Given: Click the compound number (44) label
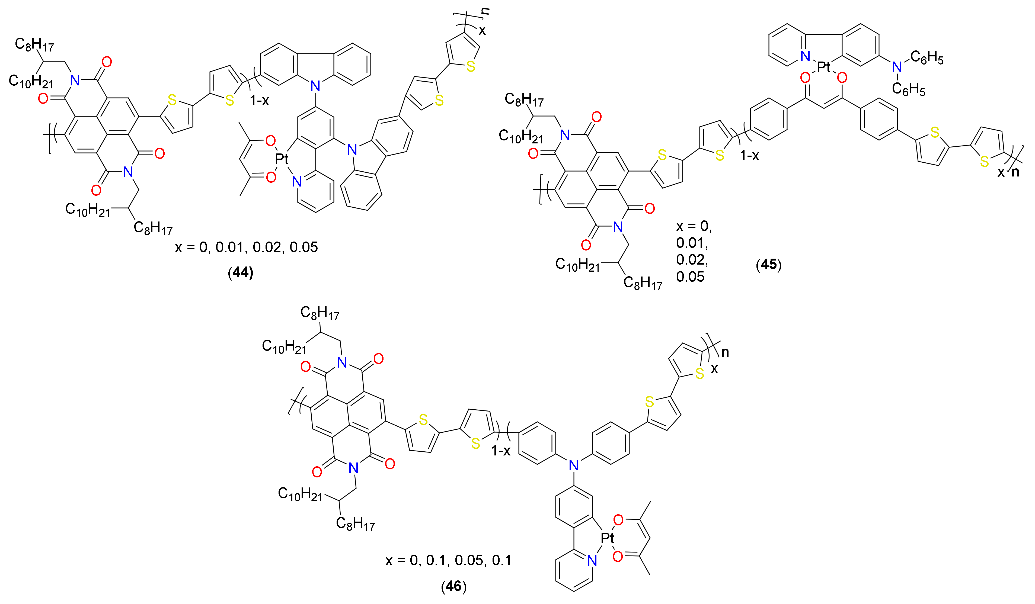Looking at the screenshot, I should coord(240,273).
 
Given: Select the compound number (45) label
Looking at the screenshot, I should coord(768,264).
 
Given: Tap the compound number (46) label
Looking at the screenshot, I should coord(453,586).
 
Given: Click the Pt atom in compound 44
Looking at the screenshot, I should coord(282,159).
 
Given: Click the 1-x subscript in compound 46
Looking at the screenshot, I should coord(501,451).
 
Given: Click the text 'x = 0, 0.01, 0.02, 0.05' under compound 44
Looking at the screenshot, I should coord(247,247).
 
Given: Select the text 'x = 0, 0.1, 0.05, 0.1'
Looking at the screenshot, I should coord(448,560).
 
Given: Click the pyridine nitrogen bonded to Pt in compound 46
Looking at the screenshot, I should coord(592,560).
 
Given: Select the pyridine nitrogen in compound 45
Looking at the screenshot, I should coord(805,56).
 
